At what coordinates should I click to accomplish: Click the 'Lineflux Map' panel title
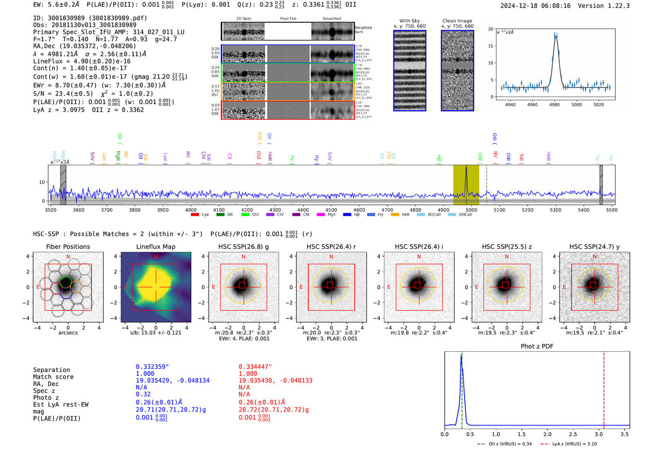[155, 247]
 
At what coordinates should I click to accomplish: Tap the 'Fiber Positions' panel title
[68, 247]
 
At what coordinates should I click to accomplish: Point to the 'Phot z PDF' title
[537, 346]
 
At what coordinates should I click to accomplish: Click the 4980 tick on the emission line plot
[555, 105]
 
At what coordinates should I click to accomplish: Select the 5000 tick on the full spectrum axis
[471, 210]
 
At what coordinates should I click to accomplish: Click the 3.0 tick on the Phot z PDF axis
[599, 434]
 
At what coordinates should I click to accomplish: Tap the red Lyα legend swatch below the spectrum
[195, 215]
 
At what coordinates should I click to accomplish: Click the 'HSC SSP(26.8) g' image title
[243, 247]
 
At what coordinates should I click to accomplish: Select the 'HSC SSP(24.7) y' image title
[594, 247]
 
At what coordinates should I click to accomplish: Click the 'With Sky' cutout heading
[410, 21]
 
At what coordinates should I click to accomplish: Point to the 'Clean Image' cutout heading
[457, 21]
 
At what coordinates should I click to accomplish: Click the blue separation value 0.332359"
[152, 367]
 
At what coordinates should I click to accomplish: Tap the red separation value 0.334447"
[255, 367]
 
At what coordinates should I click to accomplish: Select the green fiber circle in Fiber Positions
[66, 283]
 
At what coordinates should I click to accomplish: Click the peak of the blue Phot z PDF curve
[461, 356]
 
